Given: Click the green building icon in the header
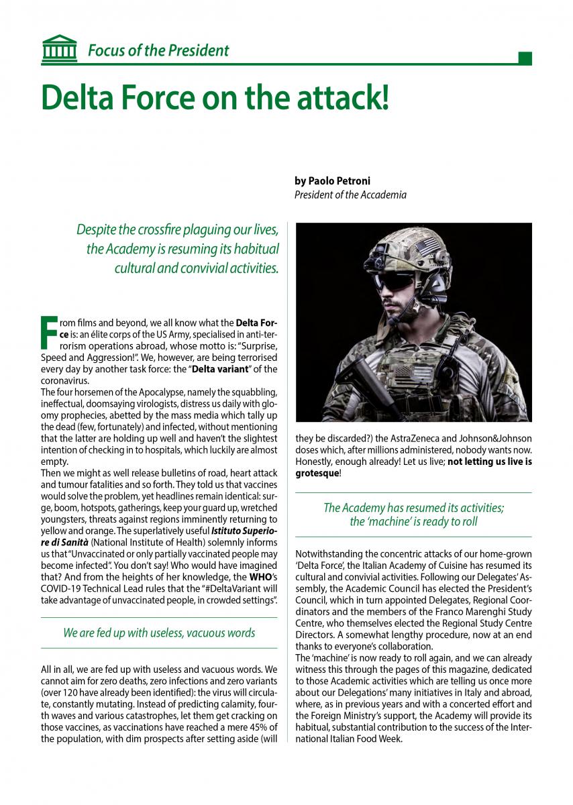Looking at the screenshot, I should (x=58, y=48).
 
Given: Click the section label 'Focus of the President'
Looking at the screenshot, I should (x=158, y=50).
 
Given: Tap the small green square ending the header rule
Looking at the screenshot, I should (x=525, y=58).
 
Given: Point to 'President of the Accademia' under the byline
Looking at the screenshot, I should (x=350, y=195).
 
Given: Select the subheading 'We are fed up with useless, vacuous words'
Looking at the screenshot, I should (x=159, y=633).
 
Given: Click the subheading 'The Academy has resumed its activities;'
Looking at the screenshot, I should (x=413, y=508).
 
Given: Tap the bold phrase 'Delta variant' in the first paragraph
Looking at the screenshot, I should (x=221, y=370).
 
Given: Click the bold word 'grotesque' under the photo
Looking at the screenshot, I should (x=317, y=474).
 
